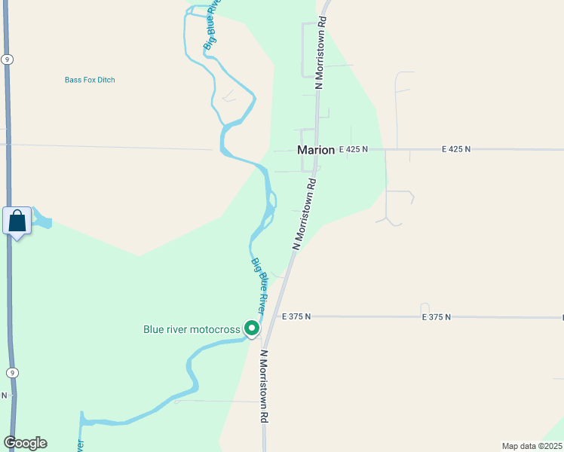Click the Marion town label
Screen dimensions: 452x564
click(316, 150)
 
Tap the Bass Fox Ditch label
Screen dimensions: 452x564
click(90, 80)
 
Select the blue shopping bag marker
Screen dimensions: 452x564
click(17, 221)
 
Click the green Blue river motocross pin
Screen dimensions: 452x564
click(251, 328)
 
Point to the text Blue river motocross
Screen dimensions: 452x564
click(192, 329)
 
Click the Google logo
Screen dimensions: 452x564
click(25, 443)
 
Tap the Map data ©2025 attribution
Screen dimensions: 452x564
click(531, 446)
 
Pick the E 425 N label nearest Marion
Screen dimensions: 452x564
click(353, 149)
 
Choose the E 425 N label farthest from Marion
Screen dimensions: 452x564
click(456, 149)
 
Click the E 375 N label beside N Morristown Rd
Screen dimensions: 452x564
click(296, 317)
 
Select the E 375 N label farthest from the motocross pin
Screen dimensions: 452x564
click(436, 317)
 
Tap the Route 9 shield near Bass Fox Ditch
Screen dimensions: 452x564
click(7, 60)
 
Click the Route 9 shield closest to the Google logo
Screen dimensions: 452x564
click(11, 372)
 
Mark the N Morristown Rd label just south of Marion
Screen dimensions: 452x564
click(304, 214)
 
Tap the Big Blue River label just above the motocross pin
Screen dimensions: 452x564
click(259, 286)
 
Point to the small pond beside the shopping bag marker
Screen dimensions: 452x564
click(41, 222)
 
